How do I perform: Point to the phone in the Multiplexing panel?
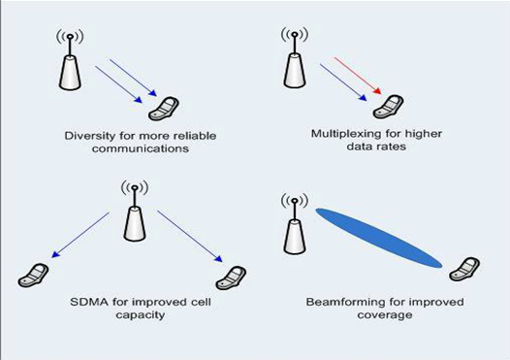[391, 105]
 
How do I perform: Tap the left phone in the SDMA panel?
[33, 275]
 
